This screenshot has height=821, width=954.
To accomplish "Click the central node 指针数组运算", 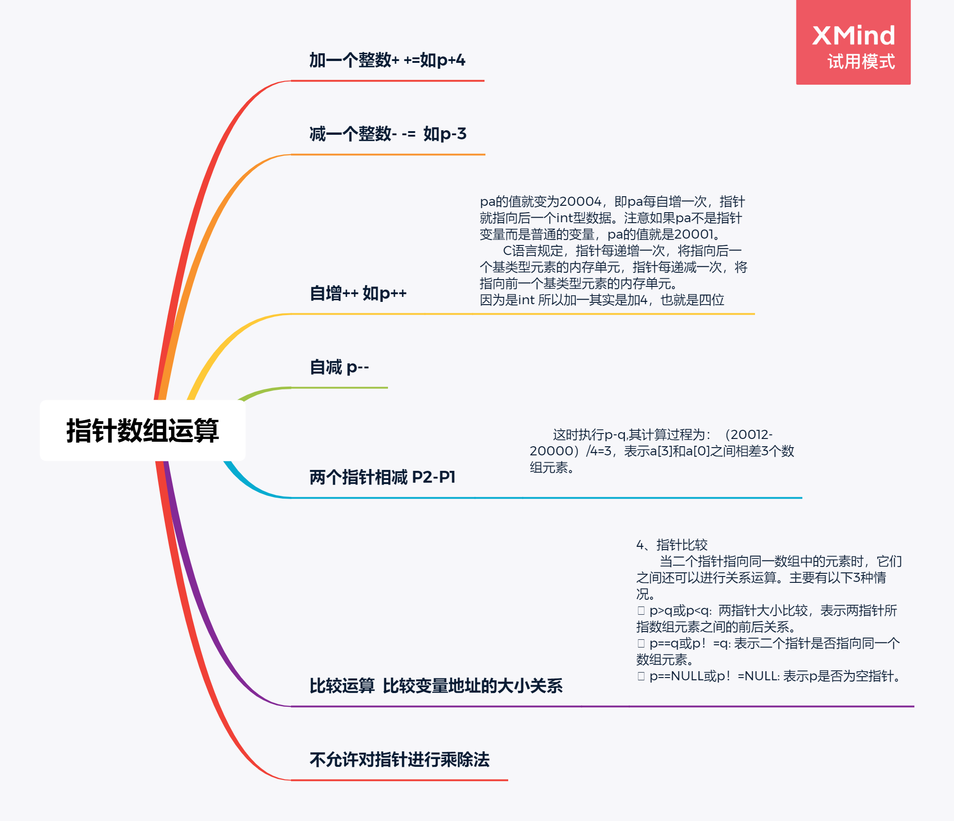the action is (x=142, y=430).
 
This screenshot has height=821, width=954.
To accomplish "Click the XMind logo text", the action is (x=853, y=36).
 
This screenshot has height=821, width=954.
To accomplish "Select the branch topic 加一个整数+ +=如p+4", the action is (x=387, y=60).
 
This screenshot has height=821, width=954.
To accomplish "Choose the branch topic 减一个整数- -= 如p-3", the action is (x=388, y=134).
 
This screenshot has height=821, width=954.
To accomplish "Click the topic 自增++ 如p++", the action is (x=358, y=293).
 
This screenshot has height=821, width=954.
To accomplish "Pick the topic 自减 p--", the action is (x=339, y=367).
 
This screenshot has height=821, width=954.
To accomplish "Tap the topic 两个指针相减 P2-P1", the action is (x=382, y=477).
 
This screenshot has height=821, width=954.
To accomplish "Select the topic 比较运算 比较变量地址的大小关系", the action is (x=436, y=686).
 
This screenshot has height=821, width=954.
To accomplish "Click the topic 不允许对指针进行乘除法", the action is (x=399, y=759).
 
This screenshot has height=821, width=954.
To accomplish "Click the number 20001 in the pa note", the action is (x=694, y=235).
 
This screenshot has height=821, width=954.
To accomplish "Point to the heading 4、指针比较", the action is (x=672, y=545).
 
